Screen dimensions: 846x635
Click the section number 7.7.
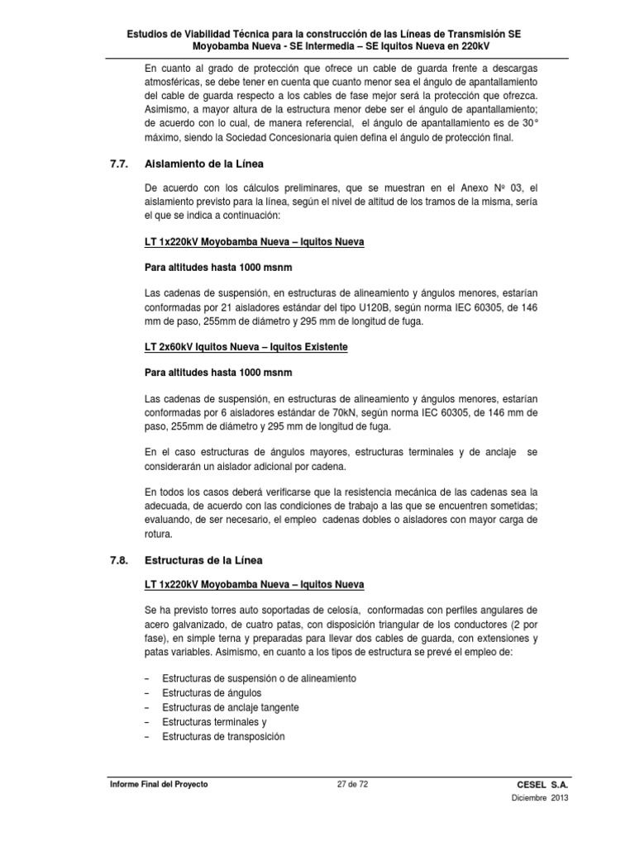(120, 164)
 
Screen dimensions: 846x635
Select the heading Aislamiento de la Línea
(204, 164)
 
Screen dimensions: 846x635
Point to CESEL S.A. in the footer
(542, 784)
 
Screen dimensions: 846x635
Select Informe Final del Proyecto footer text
(160, 784)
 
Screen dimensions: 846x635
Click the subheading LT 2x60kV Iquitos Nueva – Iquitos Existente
(246, 347)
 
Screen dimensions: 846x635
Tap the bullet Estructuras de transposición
(223, 736)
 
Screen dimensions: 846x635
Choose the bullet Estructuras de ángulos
(212, 692)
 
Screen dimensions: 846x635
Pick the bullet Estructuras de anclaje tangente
(231, 707)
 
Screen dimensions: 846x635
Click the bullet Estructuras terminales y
(214, 722)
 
